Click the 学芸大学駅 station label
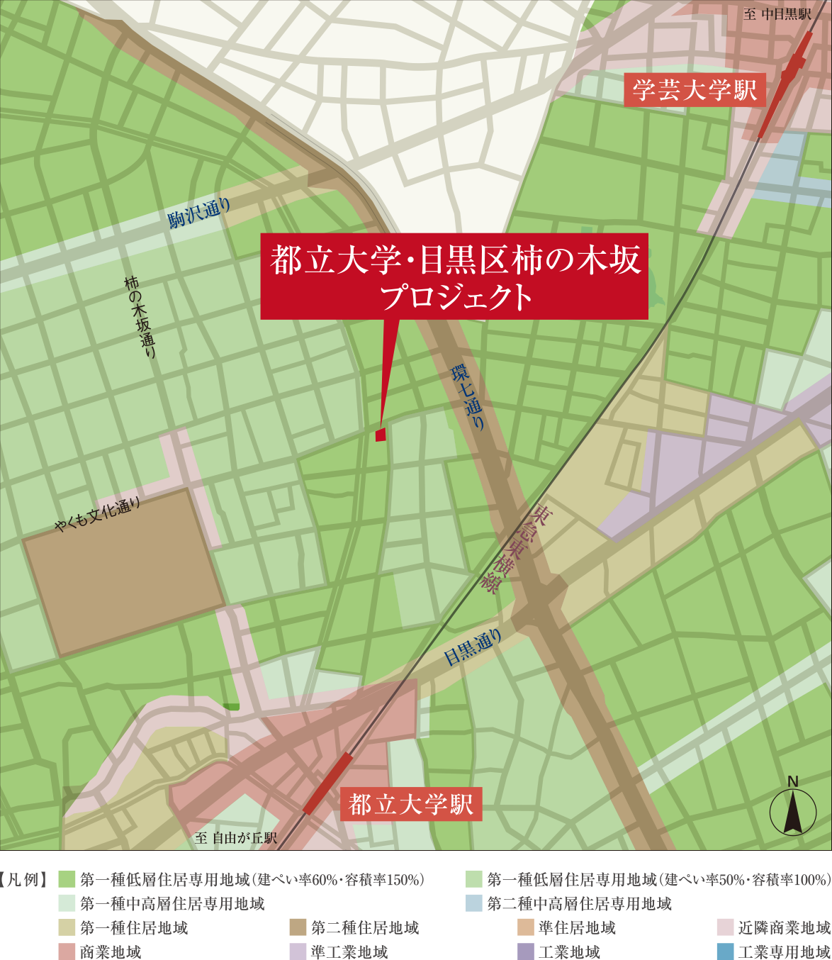point(695,90)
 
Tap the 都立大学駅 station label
point(411,804)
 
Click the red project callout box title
point(454,277)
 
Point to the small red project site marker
point(381,435)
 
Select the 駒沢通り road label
point(200,213)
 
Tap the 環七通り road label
point(468,397)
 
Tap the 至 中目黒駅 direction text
point(777,14)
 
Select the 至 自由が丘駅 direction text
point(236,838)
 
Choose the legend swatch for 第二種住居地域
point(298,927)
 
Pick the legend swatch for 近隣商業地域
point(725,927)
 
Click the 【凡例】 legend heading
point(26,880)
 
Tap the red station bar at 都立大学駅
point(327,783)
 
